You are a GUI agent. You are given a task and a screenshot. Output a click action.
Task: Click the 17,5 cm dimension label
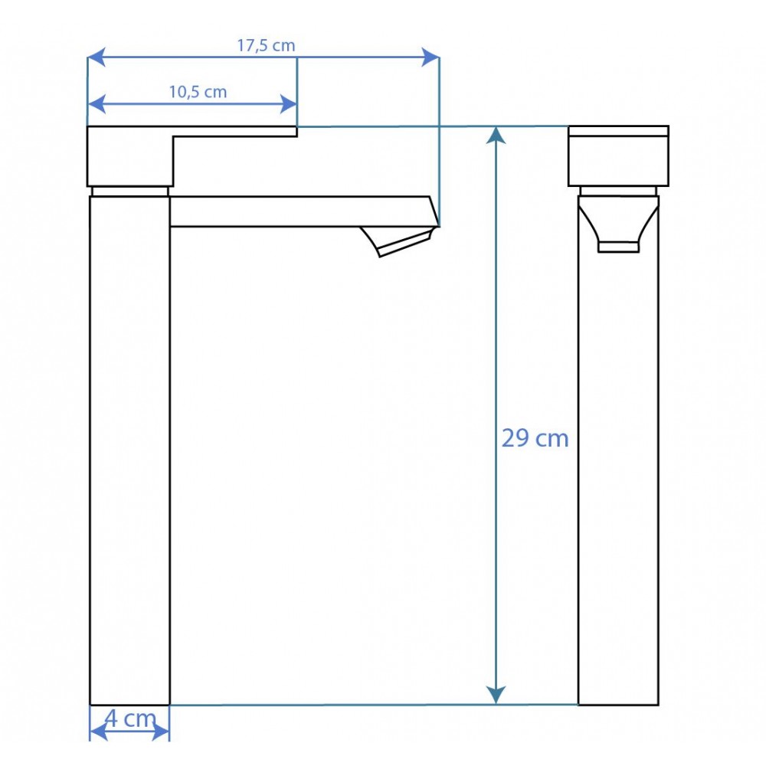click(x=266, y=45)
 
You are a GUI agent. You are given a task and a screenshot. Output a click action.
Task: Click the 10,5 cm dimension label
click(x=198, y=92)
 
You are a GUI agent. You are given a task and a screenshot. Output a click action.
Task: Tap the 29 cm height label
click(x=535, y=438)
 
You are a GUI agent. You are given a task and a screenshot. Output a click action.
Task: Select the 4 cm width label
click(x=130, y=719)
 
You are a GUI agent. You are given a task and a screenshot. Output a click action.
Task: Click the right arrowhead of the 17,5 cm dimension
click(x=430, y=57)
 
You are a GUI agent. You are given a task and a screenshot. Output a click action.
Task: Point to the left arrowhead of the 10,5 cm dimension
click(x=97, y=104)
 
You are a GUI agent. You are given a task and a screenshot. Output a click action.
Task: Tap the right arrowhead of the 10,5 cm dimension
click(x=288, y=104)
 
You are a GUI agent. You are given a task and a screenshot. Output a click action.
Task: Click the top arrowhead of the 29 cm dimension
click(x=496, y=136)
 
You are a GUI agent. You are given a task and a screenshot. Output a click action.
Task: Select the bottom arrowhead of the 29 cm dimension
click(x=496, y=695)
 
